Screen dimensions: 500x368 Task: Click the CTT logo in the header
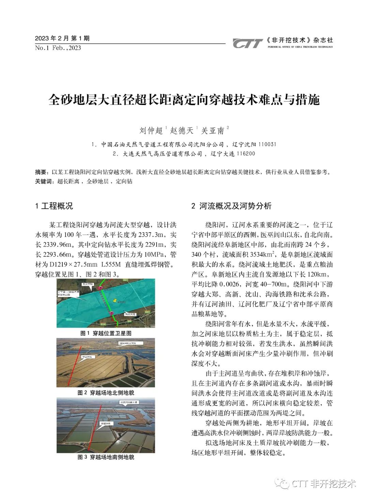pos(247,43)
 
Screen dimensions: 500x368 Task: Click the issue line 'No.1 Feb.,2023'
pos(58,48)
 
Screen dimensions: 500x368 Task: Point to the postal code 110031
pos(267,144)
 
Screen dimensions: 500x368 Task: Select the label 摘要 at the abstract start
pos(41,172)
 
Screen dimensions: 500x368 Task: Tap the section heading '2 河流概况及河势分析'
pos(231,206)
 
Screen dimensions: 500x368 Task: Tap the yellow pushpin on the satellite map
pos(116,301)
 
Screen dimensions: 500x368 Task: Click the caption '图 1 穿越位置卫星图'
pos(106,333)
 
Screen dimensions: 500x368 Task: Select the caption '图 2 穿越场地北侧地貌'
pos(106,393)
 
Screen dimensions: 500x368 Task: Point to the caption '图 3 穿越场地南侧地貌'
pos(106,457)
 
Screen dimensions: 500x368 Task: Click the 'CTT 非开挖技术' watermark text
pos(324,483)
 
